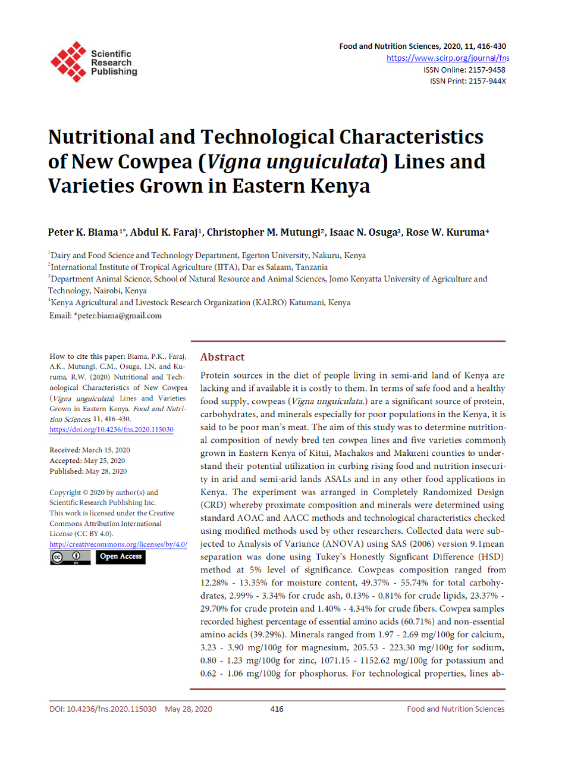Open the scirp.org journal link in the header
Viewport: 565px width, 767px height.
coord(447,58)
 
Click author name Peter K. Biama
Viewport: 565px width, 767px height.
coord(83,232)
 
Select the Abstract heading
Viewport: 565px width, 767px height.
coord(222,357)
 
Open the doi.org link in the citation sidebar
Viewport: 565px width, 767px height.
coord(111,430)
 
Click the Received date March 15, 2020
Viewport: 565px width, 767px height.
coord(106,450)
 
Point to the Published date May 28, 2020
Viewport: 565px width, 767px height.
coord(106,471)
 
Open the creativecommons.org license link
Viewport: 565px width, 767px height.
coord(118,544)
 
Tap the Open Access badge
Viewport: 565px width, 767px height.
coord(121,557)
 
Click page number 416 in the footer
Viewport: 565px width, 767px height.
coord(277,709)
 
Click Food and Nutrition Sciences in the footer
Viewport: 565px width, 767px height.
coord(456,709)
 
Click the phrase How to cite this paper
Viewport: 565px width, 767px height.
coord(87,356)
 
